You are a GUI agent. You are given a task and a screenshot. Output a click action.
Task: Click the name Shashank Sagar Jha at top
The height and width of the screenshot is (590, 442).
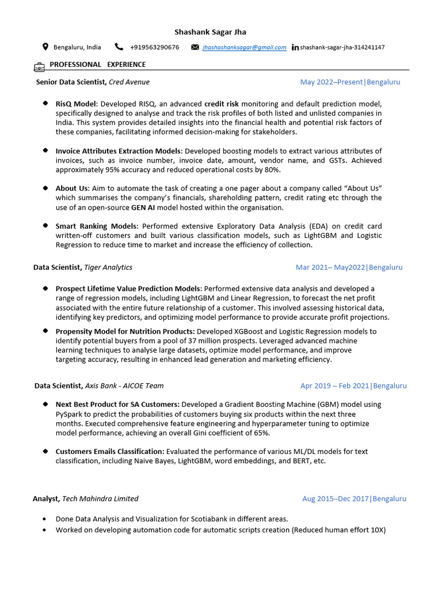click(x=210, y=32)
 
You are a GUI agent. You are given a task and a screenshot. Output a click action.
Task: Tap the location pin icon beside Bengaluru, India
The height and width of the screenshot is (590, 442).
click(x=45, y=47)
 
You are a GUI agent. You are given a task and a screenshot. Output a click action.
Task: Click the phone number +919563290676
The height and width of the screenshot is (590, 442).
click(x=154, y=47)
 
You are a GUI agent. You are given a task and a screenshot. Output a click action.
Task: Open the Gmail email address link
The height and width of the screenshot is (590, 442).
click(x=244, y=47)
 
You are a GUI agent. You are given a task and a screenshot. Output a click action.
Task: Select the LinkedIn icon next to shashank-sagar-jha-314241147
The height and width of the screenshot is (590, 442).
click(x=295, y=47)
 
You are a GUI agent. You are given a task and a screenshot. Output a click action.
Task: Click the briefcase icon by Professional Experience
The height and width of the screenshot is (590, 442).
click(x=40, y=66)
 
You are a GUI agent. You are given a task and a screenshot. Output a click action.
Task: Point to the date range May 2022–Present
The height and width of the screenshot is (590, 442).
click(x=331, y=82)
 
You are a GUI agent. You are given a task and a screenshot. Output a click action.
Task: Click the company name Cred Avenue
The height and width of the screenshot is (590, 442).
click(x=129, y=82)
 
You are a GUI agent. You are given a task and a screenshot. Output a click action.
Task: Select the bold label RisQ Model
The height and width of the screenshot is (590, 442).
click(x=77, y=104)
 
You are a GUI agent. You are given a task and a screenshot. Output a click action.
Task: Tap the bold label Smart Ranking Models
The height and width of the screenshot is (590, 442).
click(x=96, y=226)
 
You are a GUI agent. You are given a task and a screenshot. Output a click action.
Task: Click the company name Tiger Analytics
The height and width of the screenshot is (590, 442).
click(x=108, y=267)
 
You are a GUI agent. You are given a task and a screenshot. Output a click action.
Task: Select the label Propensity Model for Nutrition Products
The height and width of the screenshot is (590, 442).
click(x=125, y=331)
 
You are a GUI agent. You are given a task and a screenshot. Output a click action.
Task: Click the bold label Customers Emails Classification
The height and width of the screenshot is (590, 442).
click(x=110, y=451)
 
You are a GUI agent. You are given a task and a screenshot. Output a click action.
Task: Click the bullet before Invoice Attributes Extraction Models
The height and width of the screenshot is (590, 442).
click(x=45, y=150)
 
